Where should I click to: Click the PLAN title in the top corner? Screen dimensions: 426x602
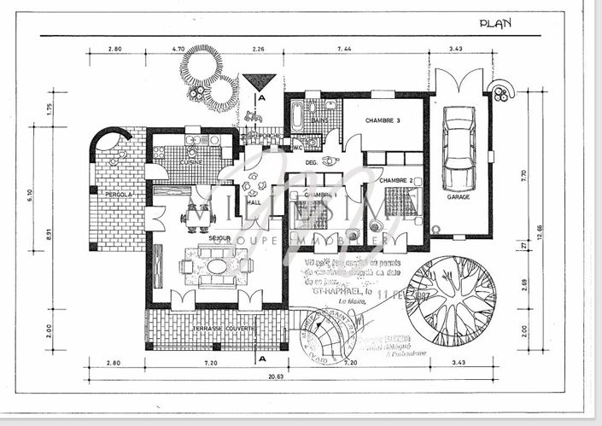494,24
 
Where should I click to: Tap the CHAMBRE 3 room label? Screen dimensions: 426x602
383,120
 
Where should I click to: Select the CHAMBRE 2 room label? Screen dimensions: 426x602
395,180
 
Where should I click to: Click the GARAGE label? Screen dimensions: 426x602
459,197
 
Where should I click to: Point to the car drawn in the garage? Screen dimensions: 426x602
459,149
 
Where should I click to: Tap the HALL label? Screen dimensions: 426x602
254,202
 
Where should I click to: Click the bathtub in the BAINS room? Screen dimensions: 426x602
296,117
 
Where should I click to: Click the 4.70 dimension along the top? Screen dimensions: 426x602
178,50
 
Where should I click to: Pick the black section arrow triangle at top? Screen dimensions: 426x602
259,82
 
